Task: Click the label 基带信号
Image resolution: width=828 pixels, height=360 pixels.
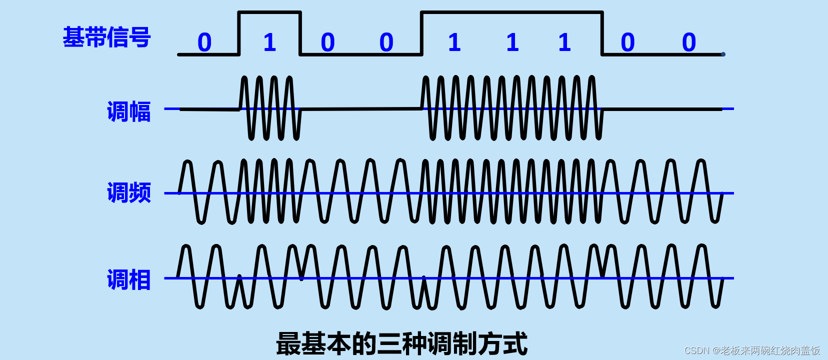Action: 106,37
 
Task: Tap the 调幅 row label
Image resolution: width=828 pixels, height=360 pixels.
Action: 128,111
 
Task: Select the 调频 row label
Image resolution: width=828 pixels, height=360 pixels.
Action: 128,192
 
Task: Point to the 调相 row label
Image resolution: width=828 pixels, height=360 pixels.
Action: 128,279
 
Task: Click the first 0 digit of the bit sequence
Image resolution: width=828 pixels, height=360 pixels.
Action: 204,42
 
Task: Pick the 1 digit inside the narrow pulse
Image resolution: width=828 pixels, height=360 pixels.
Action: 269,42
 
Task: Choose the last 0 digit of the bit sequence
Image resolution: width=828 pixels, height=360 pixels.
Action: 689,42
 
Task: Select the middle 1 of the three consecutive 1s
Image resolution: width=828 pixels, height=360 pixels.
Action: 512,42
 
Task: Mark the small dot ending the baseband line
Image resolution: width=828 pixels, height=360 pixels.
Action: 723,54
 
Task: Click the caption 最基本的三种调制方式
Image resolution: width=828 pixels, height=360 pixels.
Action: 401,344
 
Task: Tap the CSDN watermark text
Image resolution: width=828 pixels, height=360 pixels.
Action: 752,350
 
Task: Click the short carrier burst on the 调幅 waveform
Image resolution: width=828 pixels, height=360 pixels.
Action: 270,108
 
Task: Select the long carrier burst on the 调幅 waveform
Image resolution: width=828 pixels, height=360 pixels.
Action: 512,108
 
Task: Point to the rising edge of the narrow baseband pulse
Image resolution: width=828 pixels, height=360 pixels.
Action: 239,33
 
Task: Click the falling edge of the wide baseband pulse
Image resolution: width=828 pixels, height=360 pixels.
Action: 602,33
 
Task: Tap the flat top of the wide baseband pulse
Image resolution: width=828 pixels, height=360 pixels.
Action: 512,12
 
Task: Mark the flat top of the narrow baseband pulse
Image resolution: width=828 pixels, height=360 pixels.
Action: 269,12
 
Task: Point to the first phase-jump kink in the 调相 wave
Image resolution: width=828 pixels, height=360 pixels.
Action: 239,277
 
